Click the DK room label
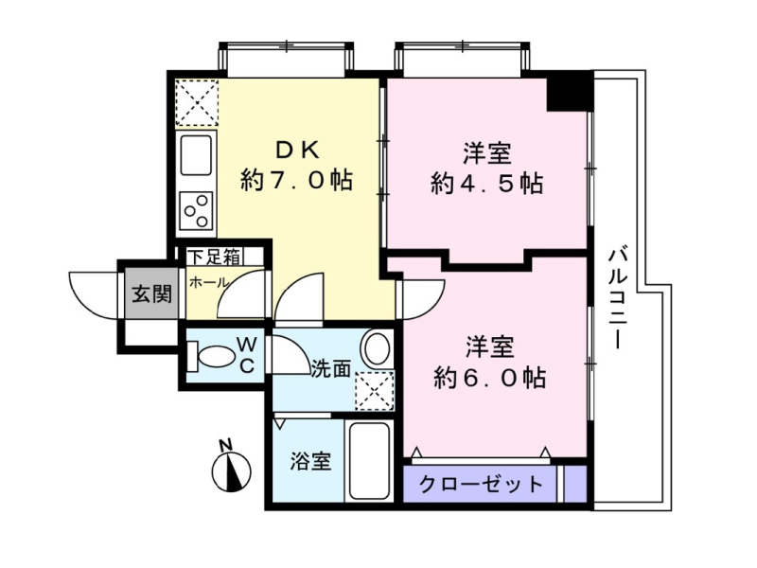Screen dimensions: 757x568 pyautogui.click(x=297, y=151)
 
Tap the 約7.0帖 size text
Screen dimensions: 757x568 pyautogui.click(x=296, y=181)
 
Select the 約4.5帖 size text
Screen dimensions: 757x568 pyautogui.click(x=486, y=184)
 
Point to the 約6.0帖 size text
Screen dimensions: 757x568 pyautogui.click(x=489, y=378)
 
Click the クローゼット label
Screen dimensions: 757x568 pyautogui.click(x=481, y=484)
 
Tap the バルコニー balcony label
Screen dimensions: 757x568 pyautogui.click(x=619, y=298)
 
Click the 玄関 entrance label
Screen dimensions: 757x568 pyautogui.click(x=152, y=293)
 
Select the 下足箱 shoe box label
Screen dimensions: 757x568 pyautogui.click(x=215, y=256)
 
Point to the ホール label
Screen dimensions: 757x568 pyautogui.click(x=208, y=282)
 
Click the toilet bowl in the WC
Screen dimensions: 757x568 pyautogui.click(x=211, y=357)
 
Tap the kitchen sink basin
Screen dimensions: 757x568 pyautogui.click(x=196, y=155)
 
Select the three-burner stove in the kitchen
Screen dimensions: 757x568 pyautogui.click(x=196, y=211)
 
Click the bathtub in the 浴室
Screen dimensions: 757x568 pyautogui.click(x=369, y=461)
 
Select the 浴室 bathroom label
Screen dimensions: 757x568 pyautogui.click(x=310, y=461)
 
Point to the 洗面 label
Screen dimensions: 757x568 pyautogui.click(x=330, y=369)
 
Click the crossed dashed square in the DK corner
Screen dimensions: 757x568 pyautogui.click(x=197, y=103)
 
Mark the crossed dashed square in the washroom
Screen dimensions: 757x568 pyautogui.click(x=375, y=391)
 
